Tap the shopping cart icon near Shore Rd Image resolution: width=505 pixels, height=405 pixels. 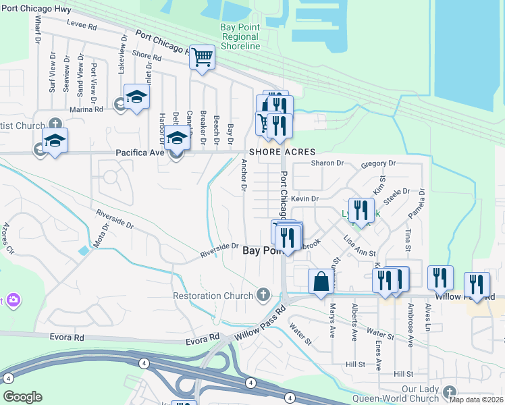202,57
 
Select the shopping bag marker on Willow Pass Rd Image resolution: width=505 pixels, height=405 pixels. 321,280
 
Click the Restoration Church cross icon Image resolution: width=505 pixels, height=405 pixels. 263,295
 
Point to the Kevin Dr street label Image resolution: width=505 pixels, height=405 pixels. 305,198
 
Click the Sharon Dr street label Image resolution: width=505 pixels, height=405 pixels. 327,163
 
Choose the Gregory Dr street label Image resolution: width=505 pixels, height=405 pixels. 378,163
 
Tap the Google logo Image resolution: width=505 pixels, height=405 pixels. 22,397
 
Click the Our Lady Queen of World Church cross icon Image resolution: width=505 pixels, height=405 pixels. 450,391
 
